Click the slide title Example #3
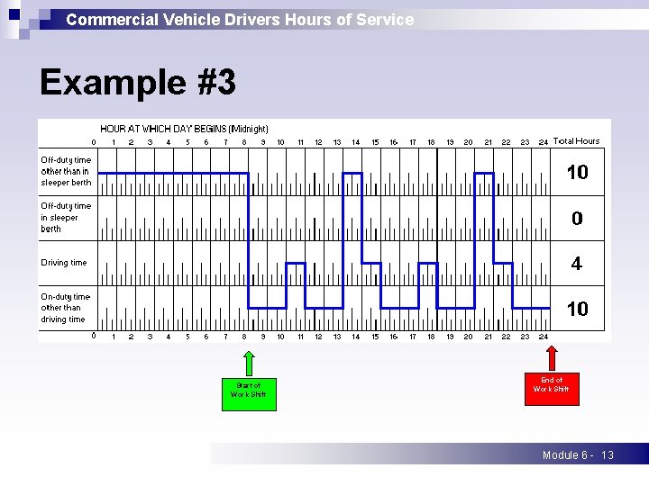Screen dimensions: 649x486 click(x=138, y=83)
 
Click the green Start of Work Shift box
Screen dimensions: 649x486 click(x=249, y=391)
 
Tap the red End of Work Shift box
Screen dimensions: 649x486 click(x=551, y=385)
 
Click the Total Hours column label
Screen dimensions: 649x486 click(x=576, y=141)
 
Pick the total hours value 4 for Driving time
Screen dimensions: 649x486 click(x=577, y=264)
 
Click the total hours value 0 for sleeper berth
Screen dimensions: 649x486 click(x=577, y=219)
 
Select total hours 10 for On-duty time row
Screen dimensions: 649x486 click(x=577, y=309)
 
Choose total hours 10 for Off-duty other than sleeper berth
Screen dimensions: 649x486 click(x=577, y=172)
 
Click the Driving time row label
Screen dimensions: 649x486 click(x=64, y=263)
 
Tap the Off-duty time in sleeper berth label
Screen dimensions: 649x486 click(x=66, y=217)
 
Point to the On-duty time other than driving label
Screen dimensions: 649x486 click(x=66, y=308)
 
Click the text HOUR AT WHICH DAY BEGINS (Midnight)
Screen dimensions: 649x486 click(x=184, y=129)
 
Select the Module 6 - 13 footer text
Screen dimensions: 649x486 click(x=578, y=455)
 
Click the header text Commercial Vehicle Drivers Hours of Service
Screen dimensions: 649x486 click(x=240, y=19)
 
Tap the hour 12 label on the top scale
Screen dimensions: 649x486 click(x=318, y=142)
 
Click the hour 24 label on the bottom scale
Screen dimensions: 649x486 click(x=544, y=337)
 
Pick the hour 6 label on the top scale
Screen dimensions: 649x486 click(x=206, y=142)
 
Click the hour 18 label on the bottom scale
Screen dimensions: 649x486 click(x=431, y=337)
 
